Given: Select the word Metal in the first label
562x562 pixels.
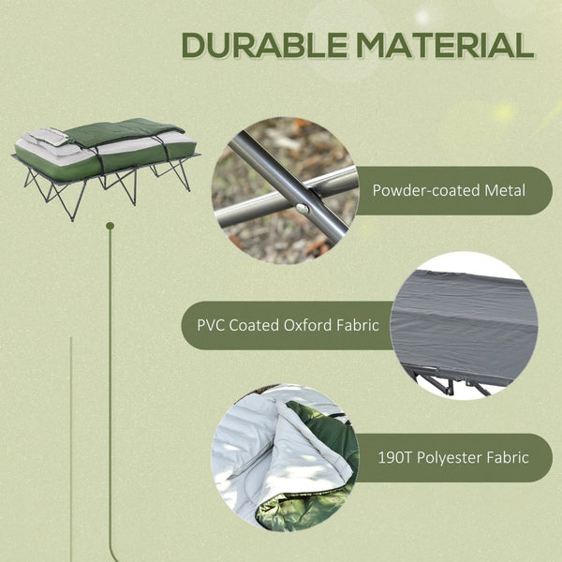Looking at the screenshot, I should [x=504, y=191].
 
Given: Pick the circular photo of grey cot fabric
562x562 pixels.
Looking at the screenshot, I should [x=465, y=324].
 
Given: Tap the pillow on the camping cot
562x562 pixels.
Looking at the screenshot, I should [x=52, y=137].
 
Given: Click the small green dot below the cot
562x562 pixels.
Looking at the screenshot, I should [x=110, y=226].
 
